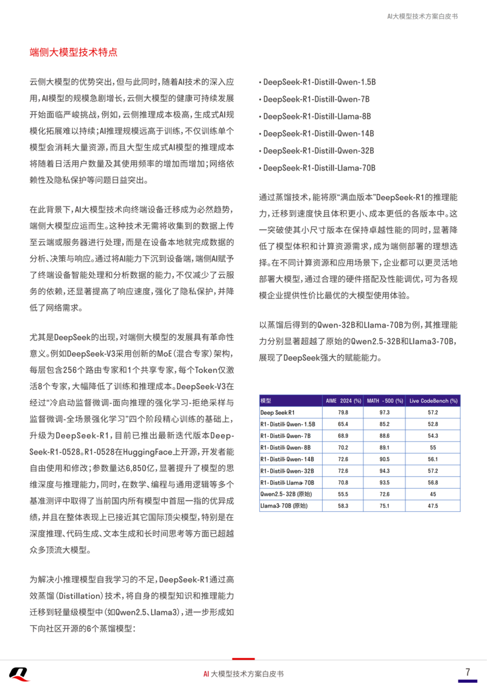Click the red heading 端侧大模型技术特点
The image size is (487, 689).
click(74, 52)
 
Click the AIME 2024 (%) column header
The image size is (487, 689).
click(343, 400)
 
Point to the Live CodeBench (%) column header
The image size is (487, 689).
click(433, 400)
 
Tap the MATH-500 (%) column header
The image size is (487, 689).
click(384, 400)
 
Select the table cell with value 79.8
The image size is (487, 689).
click(343, 412)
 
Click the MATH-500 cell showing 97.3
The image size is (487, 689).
click(384, 412)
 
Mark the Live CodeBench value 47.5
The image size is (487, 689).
click(433, 506)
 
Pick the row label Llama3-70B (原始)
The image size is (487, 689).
click(284, 506)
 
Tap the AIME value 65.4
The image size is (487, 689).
click(343, 424)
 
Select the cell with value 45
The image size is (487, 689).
click(433, 494)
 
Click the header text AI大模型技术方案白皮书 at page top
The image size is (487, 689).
click(422, 16)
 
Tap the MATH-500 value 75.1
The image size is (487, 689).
click(384, 506)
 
